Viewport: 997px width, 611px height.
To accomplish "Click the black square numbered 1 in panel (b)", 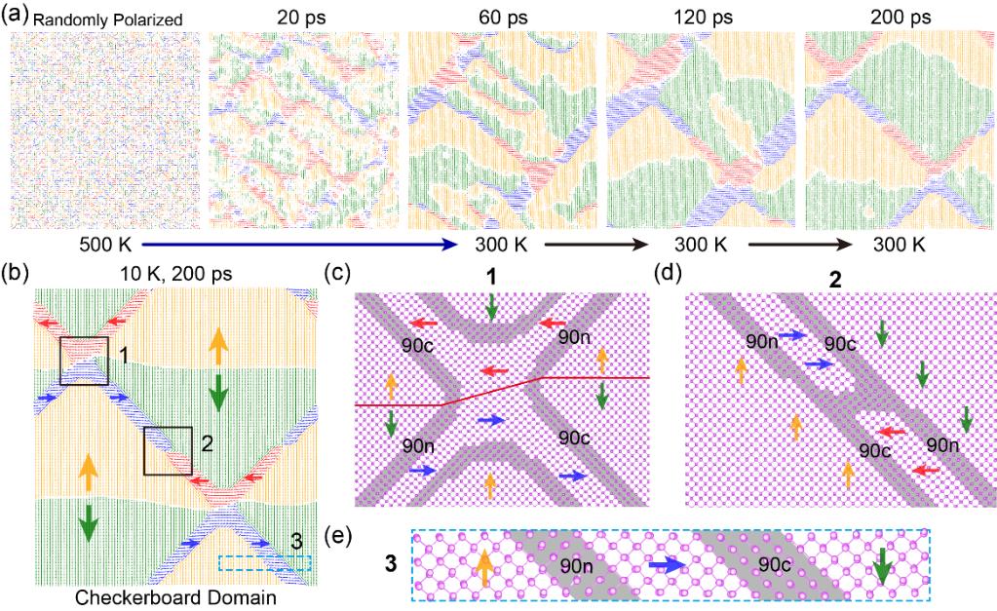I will tap(84, 361).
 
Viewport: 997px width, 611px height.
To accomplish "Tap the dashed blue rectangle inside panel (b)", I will tap(265, 563).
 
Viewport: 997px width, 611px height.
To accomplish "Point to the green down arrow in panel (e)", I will tap(882, 566).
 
